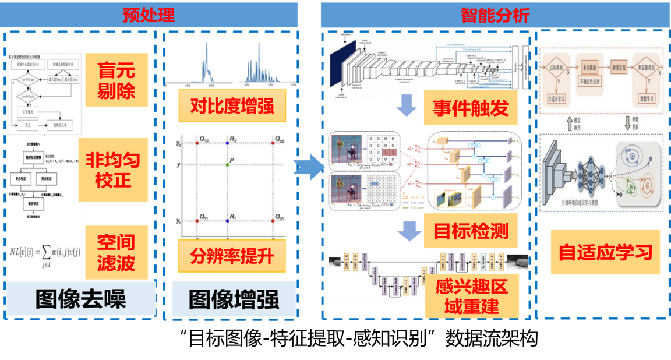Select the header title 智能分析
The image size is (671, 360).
[495, 15]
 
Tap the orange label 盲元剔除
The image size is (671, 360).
[116, 80]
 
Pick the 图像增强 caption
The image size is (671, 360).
[234, 299]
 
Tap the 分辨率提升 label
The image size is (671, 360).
[232, 255]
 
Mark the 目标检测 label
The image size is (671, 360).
[471, 231]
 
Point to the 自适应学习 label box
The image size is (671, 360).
[605, 252]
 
